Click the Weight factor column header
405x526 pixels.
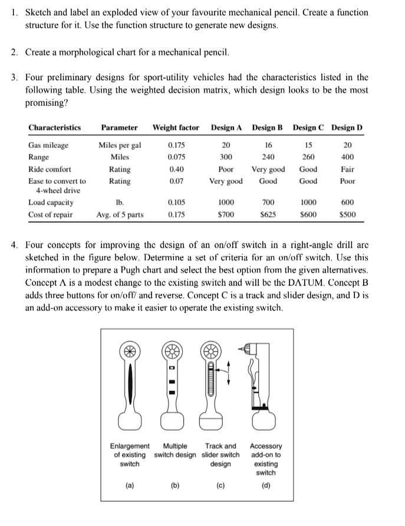(x=176, y=127)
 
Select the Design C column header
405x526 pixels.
(x=309, y=127)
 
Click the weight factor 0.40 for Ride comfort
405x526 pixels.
(x=175, y=169)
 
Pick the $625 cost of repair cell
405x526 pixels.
(x=268, y=214)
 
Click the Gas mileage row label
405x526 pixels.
(x=48, y=145)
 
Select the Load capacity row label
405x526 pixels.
(x=51, y=202)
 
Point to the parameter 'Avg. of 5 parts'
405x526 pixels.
(x=120, y=214)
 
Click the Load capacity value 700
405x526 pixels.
(x=268, y=202)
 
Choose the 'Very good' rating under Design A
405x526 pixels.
(x=225, y=181)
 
